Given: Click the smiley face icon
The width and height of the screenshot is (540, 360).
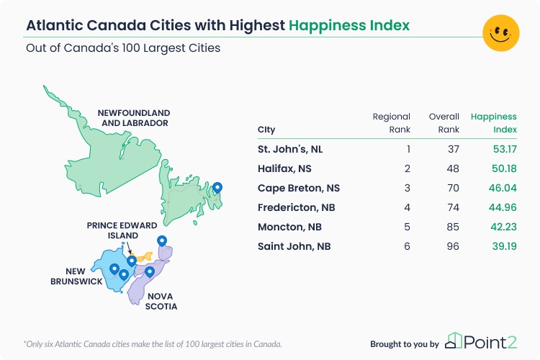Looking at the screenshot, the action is pos(500,33).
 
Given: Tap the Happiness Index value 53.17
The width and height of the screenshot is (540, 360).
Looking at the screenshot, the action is pos(505,149).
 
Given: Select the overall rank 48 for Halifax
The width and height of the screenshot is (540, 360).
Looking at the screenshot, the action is pos(453,168).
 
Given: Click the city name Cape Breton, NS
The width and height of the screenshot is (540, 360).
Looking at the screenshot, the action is pos(299,188).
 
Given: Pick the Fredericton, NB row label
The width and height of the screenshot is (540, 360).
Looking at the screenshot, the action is pos(296,207).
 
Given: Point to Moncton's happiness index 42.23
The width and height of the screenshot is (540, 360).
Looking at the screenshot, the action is pos(503,227).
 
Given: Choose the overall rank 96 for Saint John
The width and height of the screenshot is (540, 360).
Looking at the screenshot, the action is pos(453,246).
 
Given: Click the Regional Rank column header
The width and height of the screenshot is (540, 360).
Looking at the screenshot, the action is pos(392,123).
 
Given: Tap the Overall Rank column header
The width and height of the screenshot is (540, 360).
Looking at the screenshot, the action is pos(444,123).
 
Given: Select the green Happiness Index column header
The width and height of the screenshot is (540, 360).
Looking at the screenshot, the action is pos(494,123).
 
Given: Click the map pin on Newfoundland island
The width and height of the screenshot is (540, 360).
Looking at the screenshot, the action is pos(217,188).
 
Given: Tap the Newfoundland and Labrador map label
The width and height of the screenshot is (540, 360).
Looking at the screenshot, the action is pos(134,118).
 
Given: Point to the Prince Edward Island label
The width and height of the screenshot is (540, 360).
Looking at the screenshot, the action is pos(122,230).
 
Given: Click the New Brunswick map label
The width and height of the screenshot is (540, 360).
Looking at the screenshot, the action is pos(76,276).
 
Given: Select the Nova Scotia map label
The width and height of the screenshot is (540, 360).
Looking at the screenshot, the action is pos(161,302).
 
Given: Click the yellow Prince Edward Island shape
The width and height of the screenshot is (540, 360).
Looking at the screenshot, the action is pos(144,256).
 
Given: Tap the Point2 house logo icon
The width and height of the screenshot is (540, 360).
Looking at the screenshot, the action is pos(453,341).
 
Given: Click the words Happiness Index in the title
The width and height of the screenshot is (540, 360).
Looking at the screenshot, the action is pos(349,25).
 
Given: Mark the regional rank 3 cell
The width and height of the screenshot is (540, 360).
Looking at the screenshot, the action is pos(407,188).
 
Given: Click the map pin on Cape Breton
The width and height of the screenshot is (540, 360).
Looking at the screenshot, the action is pos(162,241).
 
